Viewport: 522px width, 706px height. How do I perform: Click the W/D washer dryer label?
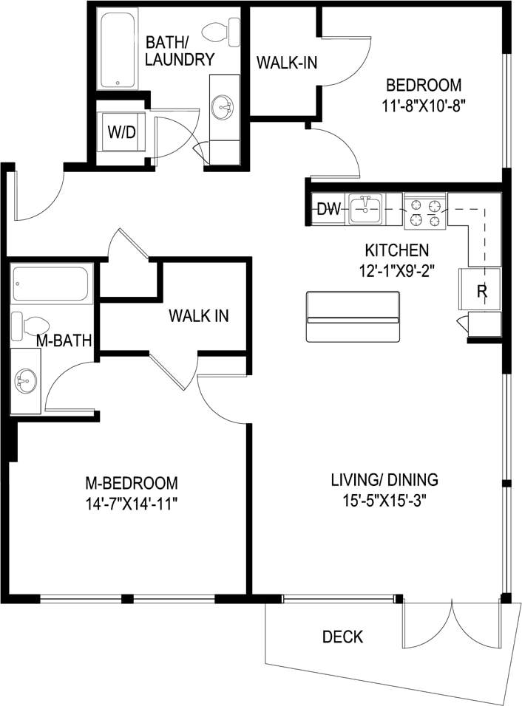[x=121, y=133]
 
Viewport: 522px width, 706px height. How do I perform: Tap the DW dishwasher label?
[x=328, y=210]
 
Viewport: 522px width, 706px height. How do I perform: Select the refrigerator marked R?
[x=481, y=290]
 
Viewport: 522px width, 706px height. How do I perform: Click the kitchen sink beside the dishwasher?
[x=365, y=210]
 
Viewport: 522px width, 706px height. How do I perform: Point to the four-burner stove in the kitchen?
[x=425, y=210]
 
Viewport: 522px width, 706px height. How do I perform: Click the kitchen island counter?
[x=353, y=317]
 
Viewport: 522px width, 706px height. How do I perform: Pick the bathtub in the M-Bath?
[x=51, y=284]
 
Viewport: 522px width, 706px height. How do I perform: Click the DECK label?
[x=342, y=637]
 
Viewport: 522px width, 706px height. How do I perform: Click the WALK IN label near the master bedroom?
[x=198, y=316]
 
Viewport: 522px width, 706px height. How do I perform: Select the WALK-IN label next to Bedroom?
[x=286, y=62]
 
